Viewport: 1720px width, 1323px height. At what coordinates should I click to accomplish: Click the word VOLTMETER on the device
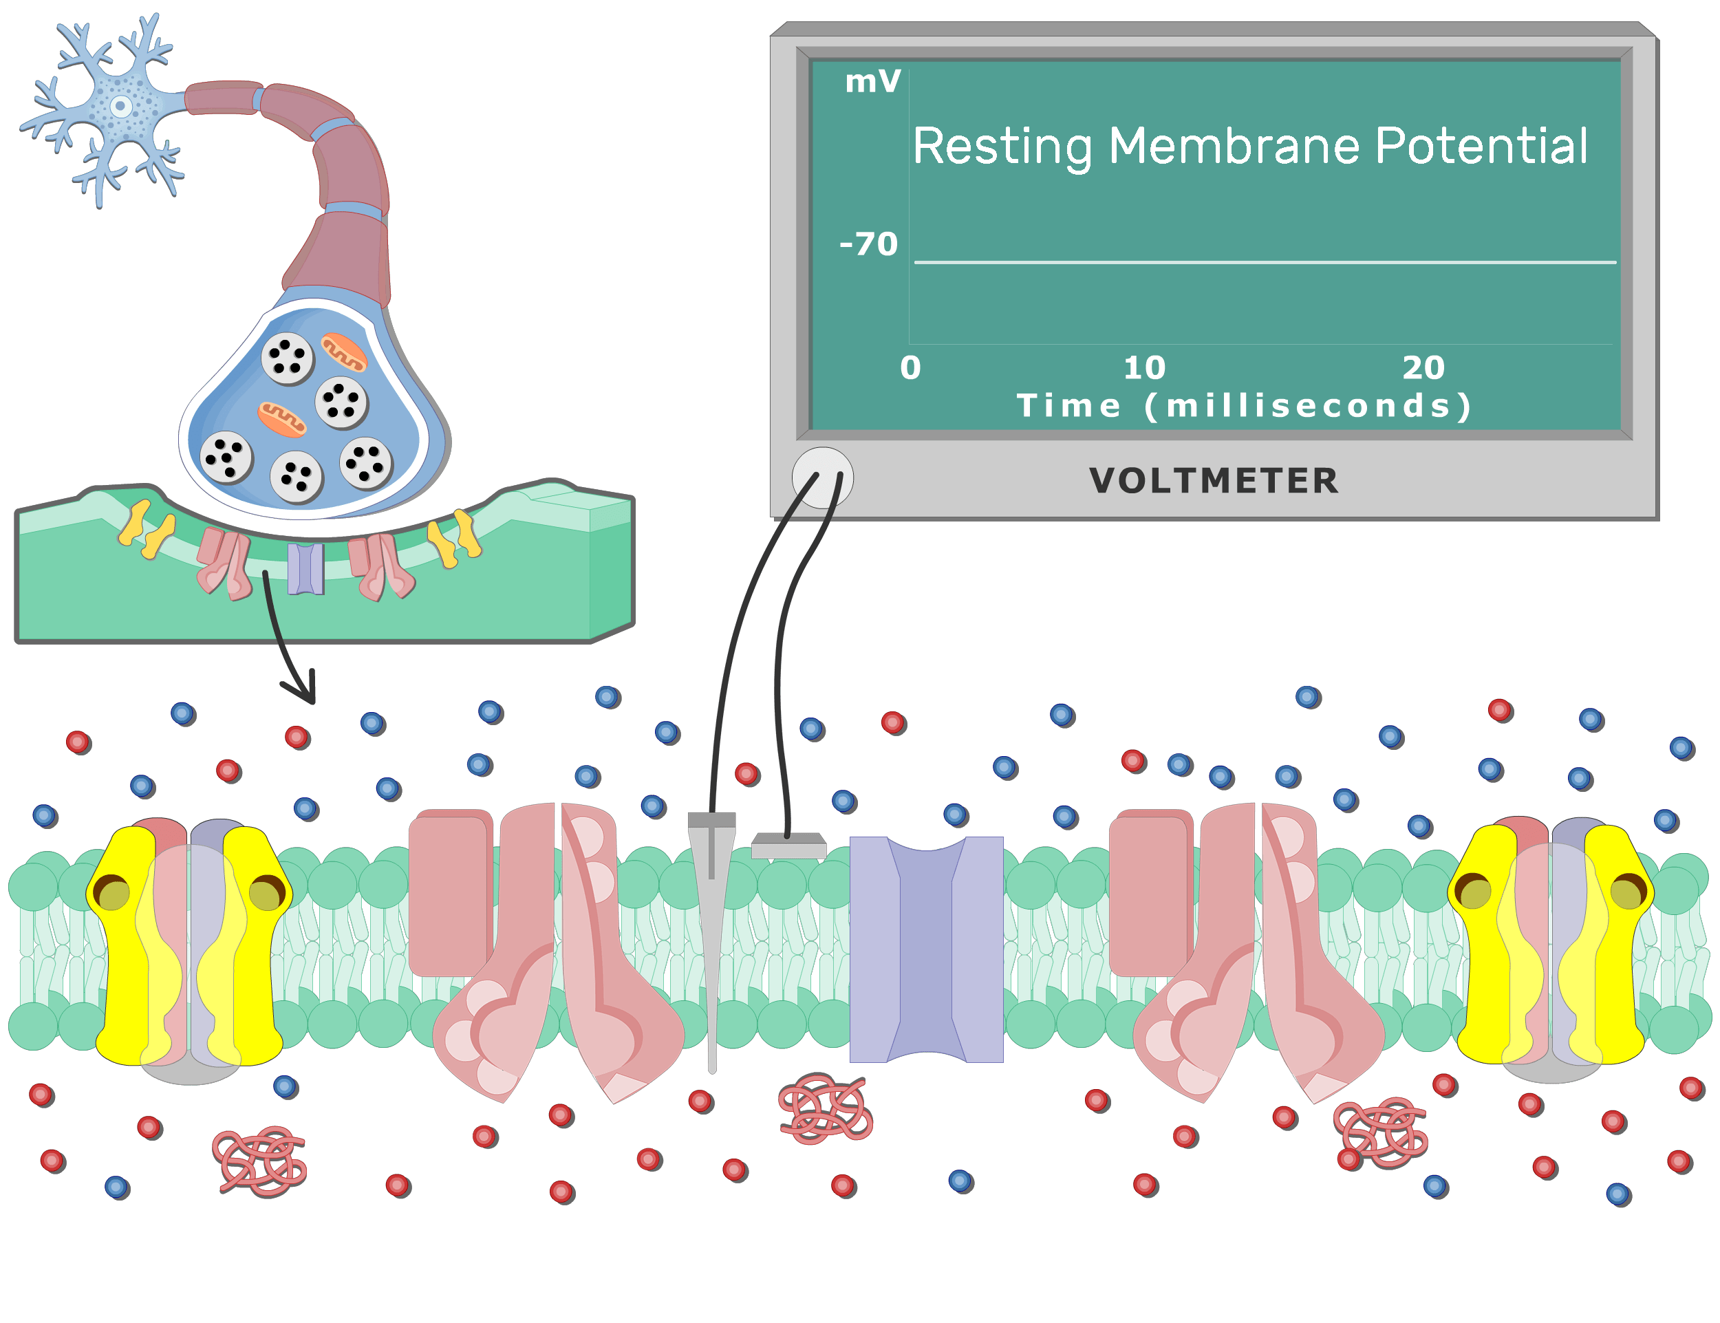[1214, 481]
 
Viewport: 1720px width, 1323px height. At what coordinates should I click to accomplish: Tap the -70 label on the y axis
[869, 244]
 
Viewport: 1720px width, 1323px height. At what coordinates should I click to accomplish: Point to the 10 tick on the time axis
[1143, 368]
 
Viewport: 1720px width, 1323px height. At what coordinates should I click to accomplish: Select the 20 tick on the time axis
[1423, 368]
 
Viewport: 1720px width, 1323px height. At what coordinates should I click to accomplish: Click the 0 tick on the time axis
[910, 368]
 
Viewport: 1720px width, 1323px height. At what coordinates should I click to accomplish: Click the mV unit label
[872, 82]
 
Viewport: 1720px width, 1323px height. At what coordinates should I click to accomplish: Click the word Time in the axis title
[1068, 407]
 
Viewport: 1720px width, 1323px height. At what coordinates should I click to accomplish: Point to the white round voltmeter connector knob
[822, 478]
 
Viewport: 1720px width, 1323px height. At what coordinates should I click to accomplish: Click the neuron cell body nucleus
[120, 105]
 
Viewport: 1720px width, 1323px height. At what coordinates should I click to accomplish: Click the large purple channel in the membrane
[926, 949]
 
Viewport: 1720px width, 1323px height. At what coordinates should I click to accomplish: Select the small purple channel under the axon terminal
[305, 568]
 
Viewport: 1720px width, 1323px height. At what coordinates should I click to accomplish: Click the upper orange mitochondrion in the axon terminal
[343, 352]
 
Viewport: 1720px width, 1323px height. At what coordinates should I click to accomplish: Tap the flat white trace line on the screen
[1260, 261]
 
